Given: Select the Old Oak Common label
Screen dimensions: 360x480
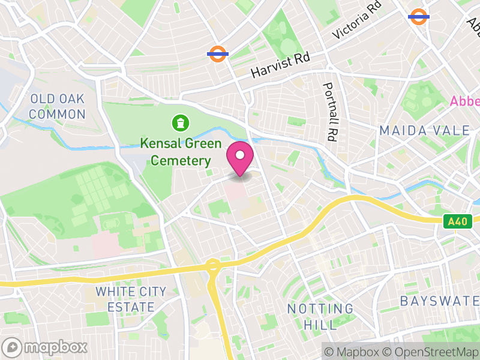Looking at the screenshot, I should (57, 106).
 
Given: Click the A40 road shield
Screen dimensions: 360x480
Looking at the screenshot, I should (457, 222).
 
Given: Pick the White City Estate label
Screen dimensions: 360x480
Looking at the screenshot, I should (131, 299).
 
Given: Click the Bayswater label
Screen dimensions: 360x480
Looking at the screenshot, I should (439, 301).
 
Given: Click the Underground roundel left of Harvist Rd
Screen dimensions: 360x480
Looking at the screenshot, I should (218, 54).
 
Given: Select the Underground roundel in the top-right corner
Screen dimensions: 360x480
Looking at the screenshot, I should (418, 16).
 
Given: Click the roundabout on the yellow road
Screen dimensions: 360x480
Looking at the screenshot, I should (212, 265).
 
